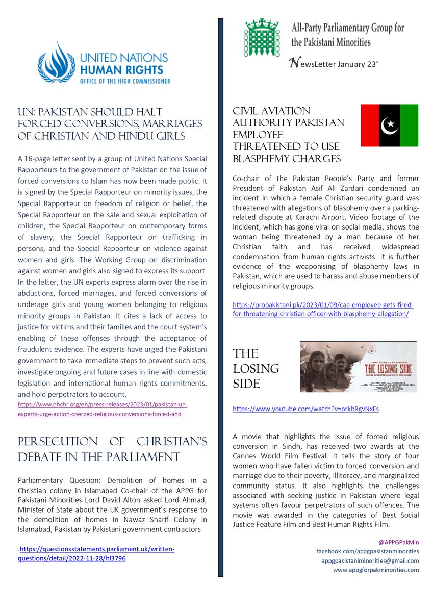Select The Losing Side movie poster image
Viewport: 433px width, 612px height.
pyautogui.click(x=358, y=367)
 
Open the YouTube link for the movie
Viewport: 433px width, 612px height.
pyautogui.click(x=306, y=409)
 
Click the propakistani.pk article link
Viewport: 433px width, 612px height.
pyautogui.click(x=323, y=309)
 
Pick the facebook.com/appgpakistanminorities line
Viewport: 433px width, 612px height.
pyautogui.click(x=368, y=551)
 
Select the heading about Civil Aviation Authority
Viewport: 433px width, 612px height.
pyautogui.click(x=288, y=135)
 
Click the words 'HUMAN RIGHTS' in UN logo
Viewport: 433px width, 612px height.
pyautogui.click(x=128, y=69)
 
